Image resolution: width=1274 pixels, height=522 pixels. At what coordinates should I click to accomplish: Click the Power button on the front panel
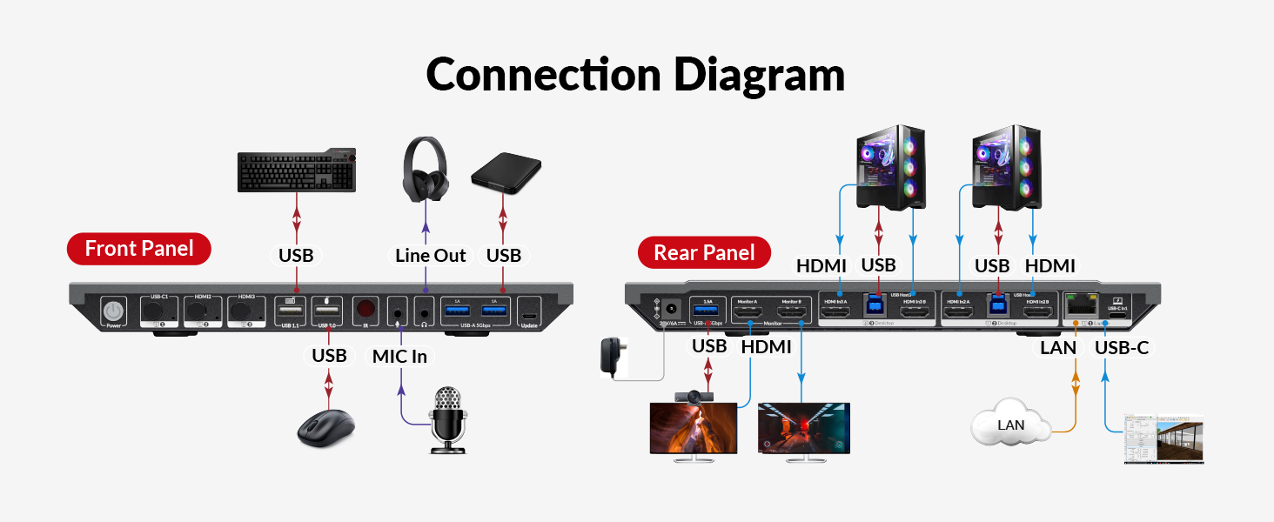114,312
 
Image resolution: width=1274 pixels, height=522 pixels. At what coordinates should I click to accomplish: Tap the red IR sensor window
365,310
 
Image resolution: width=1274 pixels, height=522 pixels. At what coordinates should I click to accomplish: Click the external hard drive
506,171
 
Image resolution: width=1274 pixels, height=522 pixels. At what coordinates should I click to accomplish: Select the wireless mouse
326,427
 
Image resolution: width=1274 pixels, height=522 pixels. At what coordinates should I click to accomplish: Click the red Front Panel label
139,250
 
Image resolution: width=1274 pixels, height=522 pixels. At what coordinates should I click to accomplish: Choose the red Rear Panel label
704,253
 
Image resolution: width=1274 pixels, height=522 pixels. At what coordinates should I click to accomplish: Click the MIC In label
399,356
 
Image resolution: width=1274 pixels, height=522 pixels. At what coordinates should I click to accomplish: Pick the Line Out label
430,256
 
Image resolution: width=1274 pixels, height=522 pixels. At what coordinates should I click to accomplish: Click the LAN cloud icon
1011,424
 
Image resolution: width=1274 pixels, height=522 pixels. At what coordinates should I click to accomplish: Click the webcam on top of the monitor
694,398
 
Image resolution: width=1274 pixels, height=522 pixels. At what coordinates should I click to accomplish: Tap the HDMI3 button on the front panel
246,311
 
